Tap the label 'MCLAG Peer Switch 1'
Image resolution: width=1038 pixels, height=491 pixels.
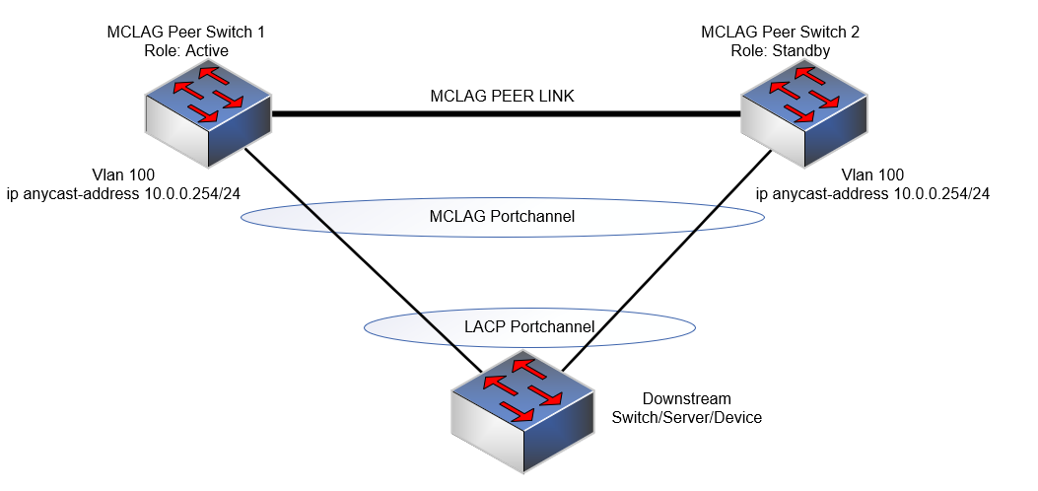(x=185, y=33)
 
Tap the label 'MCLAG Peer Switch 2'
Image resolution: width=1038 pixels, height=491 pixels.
(x=780, y=33)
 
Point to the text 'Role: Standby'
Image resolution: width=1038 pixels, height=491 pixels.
(x=780, y=49)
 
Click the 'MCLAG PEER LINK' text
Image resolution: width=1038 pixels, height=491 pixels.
(x=502, y=96)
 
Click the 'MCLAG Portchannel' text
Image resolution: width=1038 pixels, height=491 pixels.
(x=502, y=216)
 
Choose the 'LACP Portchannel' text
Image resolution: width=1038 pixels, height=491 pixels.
(x=529, y=326)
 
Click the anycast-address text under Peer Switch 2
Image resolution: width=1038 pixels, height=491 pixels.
(x=872, y=193)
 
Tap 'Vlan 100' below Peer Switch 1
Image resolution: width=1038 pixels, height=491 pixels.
(x=97, y=175)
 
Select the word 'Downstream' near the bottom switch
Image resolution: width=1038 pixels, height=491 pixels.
(x=686, y=399)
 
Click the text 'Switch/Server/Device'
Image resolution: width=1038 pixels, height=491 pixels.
(x=686, y=417)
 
